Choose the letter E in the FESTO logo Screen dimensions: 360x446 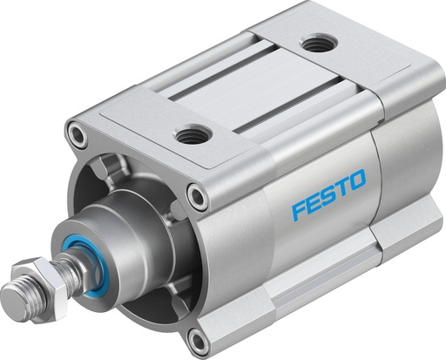(x=314, y=203)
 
